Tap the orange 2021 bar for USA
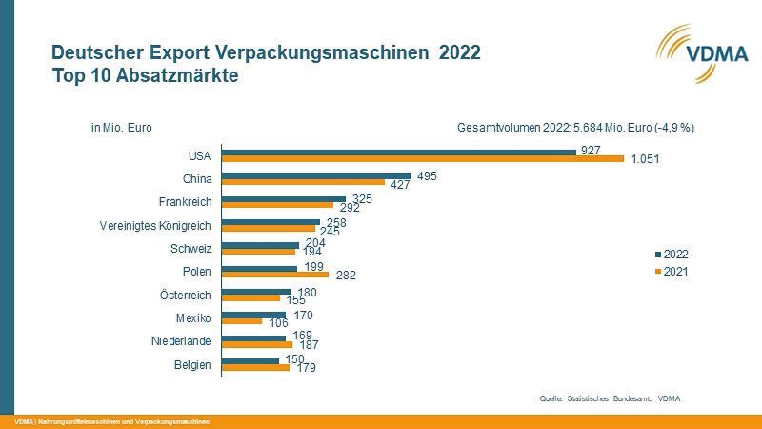[x=422, y=159]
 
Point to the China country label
[x=197, y=178]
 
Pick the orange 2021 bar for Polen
[x=274, y=275]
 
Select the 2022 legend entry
[x=672, y=255]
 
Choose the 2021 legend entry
[x=672, y=272]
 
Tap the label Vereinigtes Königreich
[x=155, y=226]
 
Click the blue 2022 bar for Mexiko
[x=253, y=315]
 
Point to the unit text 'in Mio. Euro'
[x=121, y=127]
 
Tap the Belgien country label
[x=193, y=364]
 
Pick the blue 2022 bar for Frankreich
[x=283, y=198]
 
